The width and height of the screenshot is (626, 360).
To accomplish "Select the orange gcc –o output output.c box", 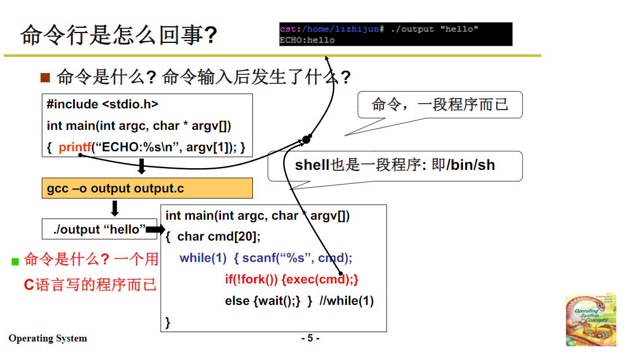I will pyautogui.click(x=147, y=188).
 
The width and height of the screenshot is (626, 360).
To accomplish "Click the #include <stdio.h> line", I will pyautogui.click(x=103, y=104).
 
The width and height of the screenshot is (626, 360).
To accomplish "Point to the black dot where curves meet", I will pyautogui.click(x=306, y=139).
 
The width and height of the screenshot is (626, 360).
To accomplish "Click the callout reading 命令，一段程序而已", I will pyautogui.click(x=440, y=105).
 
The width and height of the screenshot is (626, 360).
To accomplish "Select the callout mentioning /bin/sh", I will pyautogui.click(x=395, y=165).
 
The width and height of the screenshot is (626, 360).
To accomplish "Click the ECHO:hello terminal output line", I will pyautogui.click(x=307, y=40).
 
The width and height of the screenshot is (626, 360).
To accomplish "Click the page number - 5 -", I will pyautogui.click(x=310, y=338).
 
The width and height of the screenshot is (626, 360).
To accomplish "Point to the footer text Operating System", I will pyautogui.click(x=48, y=339).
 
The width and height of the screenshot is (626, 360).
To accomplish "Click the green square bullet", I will pyautogui.click(x=16, y=261).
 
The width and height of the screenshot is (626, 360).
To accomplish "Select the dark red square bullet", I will pyautogui.click(x=45, y=78).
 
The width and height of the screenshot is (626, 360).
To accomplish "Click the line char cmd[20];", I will pyautogui.click(x=219, y=237).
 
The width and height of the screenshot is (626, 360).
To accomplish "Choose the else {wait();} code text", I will pyautogui.click(x=262, y=301).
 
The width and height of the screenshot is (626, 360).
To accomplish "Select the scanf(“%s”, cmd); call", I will pyautogui.click(x=297, y=258).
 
